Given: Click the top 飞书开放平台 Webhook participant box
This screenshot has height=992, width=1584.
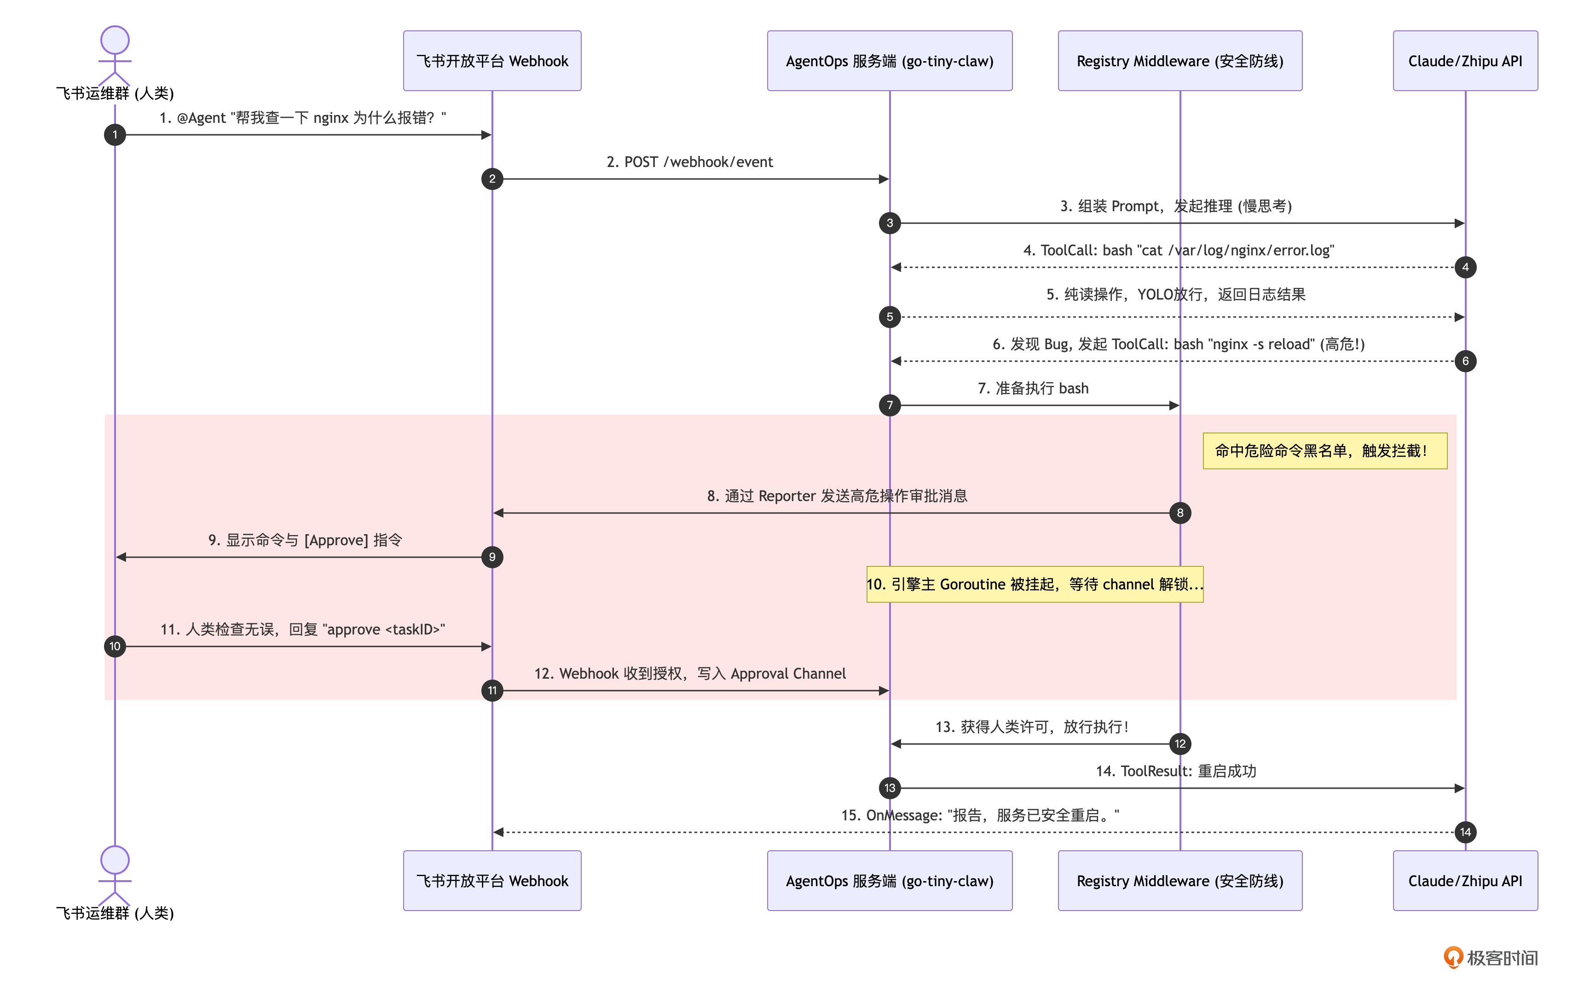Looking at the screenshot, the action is (492, 60).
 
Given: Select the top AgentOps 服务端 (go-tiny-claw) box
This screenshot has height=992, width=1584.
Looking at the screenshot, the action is (890, 60).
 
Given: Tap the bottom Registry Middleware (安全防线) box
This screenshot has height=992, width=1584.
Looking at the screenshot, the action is (1180, 881).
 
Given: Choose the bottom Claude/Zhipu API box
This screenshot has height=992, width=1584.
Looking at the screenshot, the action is (1465, 881).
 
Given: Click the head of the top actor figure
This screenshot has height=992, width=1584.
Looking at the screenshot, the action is (115, 40).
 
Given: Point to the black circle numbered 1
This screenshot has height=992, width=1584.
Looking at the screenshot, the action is (115, 134).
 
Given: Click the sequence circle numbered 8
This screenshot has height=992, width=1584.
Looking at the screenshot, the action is (1180, 513).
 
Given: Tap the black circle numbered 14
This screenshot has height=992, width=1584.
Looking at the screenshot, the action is (1465, 832).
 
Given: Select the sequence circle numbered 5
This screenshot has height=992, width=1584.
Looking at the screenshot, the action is (890, 317).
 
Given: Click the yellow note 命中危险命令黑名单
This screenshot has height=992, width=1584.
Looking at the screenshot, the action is (1325, 451).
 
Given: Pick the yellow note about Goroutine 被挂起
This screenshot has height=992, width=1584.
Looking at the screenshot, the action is (1035, 584).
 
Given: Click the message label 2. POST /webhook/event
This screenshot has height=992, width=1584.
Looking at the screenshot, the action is (690, 162).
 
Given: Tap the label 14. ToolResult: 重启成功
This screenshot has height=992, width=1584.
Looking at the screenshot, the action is (1176, 771).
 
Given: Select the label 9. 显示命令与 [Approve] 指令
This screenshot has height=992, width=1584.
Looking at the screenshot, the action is (305, 540).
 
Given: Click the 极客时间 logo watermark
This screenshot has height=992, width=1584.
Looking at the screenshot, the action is (1491, 958).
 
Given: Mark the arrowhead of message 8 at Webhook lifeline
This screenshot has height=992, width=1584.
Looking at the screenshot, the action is (498, 513).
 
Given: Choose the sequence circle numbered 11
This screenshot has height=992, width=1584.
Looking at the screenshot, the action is (492, 690).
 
